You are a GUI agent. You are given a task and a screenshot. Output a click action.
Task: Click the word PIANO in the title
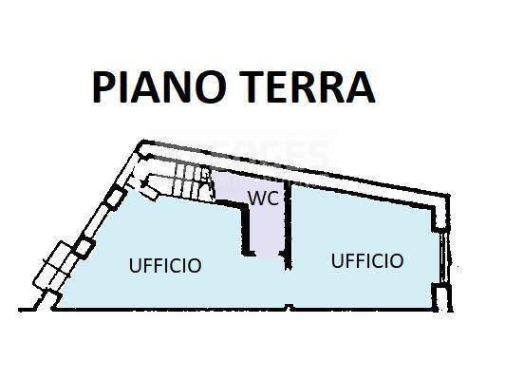pyautogui.click(x=159, y=87)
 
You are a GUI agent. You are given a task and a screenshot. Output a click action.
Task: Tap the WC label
pyautogui.click(x=264, y=198)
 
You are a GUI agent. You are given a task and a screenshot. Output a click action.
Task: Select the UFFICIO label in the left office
pyautogui.click(x=165, y=266)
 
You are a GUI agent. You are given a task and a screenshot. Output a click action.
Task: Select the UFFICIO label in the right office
pyautogui.click(x=367, y=260)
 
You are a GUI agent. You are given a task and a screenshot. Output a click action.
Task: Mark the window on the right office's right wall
pyautogui.click(x=444, y=256)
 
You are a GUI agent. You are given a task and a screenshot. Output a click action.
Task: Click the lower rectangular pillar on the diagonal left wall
pyautogui.click(x=84, y=248)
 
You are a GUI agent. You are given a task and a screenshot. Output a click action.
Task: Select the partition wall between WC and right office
pyautogui.click(x=289, y=225)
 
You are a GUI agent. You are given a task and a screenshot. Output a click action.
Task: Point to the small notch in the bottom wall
pyautogui.click(x=290, y=307)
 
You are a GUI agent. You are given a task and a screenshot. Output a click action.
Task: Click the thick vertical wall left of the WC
pyautogui.click(x=246, y=229)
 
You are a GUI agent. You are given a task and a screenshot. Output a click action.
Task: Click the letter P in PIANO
pyautogui.click(x=103, y=87)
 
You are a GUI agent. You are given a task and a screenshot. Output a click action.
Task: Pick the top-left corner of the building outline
pyautogui.click(x=143, y=141)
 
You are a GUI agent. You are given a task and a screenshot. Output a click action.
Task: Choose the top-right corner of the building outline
pyautogui.click(x=448, y=195)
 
